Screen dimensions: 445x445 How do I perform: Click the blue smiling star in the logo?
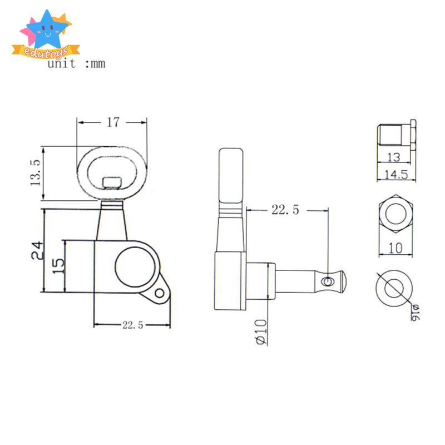pos(47,30)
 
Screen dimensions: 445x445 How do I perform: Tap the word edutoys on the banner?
pos(46,52)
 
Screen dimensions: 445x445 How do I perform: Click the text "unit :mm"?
pos(76,63)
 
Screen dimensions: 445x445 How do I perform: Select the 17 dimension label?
pos(113,122)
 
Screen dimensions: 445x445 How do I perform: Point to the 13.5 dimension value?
pos(36,172)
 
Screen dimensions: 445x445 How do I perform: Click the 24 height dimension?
pos(38,251)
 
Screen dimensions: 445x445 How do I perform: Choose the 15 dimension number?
pos(58,266)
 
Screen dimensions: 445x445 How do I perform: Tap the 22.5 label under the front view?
pos(133,325)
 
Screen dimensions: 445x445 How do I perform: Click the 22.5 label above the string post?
pos(285,210)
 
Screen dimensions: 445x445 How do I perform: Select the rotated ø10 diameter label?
pos(261,332)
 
